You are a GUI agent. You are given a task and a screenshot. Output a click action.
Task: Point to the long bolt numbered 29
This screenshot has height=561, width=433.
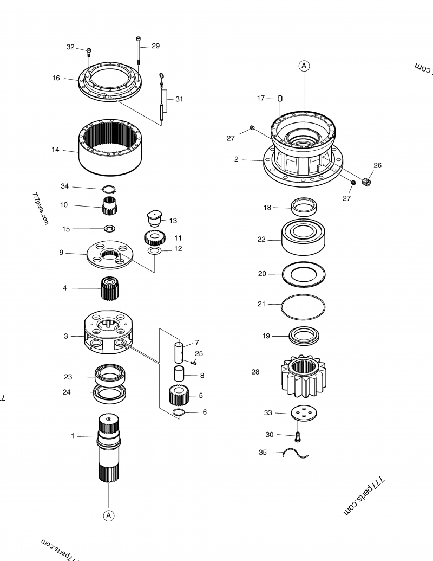point(139,54)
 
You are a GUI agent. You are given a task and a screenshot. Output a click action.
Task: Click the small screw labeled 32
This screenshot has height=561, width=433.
point(89,52)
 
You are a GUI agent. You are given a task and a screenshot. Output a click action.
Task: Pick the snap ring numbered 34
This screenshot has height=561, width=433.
point(110,189)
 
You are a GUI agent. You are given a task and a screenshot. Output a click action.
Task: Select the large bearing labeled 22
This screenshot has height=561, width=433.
point(304,237)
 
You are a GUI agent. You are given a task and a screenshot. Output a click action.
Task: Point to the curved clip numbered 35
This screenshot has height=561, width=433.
point(296,453)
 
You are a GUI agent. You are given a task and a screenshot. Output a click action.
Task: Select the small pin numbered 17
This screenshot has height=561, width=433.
point(280,98)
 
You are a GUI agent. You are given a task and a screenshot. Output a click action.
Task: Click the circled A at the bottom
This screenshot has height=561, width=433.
point(109,515)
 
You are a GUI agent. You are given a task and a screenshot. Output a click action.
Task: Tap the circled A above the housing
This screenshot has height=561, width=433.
point(304,66)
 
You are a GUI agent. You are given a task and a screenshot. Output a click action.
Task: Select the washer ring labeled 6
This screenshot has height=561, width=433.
point(179,413)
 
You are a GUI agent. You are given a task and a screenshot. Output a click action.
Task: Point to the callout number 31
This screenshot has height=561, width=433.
point(179,99)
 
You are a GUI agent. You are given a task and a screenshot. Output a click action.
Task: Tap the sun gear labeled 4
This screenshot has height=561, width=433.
point(110,288)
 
